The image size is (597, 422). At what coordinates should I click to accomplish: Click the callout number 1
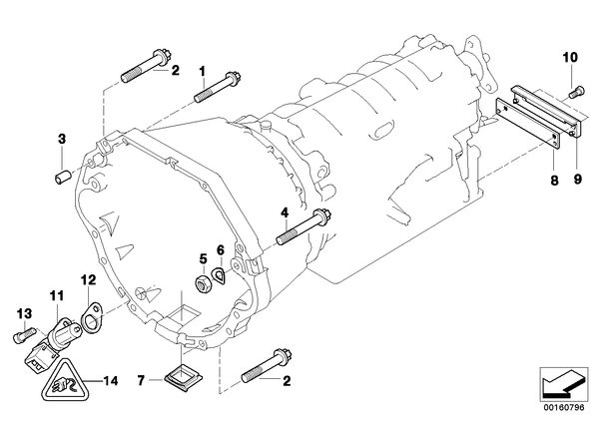click(203, 71)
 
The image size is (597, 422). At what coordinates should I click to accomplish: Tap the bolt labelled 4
click(304, 227)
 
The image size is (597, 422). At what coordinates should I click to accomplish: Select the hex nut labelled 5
click(203, 284)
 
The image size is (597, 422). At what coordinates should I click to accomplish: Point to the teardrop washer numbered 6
click(220, 275)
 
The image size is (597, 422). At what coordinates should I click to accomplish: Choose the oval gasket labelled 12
click(92, 317)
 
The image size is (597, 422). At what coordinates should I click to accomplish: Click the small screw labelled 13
click(24, 335)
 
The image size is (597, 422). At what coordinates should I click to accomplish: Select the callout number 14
click(110, 380)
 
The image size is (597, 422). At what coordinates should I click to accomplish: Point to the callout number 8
click(554, 180)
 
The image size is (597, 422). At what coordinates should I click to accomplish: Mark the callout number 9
click(578, 179)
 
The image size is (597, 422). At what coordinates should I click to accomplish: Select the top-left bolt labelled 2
click(147, 66)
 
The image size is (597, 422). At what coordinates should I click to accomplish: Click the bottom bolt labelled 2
click(268, 365)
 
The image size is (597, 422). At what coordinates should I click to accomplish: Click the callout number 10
click(570, 58)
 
